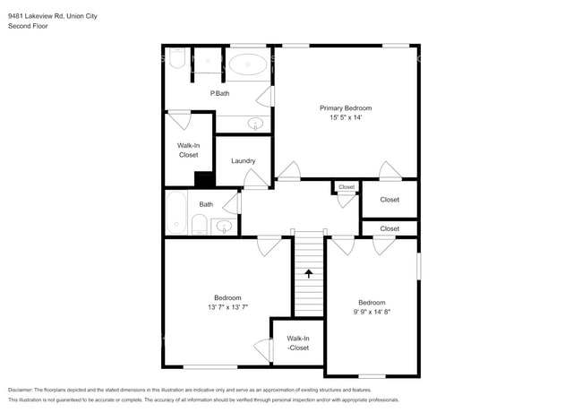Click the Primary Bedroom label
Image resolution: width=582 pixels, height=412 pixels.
click(x=346, y=108)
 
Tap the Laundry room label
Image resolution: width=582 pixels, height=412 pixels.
click(x=244, y=160)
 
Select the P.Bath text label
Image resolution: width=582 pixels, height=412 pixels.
click(x=219, y=93)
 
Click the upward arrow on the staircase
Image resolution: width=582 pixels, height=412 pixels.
click(x=308, y=274)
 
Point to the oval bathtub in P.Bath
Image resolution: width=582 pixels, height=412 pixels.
click(x=247, y=64)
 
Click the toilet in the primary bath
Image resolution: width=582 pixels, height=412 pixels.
click(x=177, y=58)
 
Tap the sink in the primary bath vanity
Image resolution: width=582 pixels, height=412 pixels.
click(x=255, y=124)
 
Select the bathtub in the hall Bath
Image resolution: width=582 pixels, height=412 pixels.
click(x=176, y=212)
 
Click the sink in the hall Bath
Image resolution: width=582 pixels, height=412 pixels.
click(x=224, y=226)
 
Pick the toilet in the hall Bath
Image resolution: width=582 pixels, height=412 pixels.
click(x=200, y=224)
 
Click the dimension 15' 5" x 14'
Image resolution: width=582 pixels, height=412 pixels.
click(x=346, y=117)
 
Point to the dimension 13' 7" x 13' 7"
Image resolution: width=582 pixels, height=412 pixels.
click(x=227, y=307)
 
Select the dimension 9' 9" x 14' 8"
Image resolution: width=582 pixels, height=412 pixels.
click(x=372, y=313)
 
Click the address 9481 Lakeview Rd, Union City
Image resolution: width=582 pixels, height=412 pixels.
click(x=53, y=16)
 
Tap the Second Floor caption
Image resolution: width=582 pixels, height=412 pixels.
click(x=28, y=26)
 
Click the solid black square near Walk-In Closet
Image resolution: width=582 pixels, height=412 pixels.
click(x=204, y=179)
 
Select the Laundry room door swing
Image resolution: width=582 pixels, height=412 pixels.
click(x=255, y=179)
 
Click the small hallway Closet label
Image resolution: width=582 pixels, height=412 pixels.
click(x=347, y=187)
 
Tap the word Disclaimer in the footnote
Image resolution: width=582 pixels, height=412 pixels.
click(x=20, y=391)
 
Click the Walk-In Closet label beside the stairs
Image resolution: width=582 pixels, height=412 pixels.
click(x=298, y=343)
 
